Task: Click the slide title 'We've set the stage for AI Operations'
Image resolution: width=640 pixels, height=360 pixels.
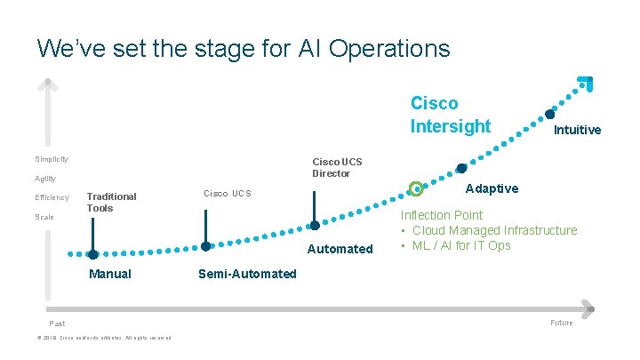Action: pyautogui.click(x=244, y=47)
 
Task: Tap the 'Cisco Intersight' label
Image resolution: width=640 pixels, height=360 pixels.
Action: pyautogui.click(x=450, y=115)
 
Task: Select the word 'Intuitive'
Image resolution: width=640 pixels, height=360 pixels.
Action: pyautogui.click(x=577, y=130)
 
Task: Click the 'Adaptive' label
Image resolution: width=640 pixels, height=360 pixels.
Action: pyautogui.click(x=492, y=188)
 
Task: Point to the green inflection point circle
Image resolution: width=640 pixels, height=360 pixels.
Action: pyautogui.click(x=415, y=188)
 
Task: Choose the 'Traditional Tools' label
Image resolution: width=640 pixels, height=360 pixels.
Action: pyautogui.click(x=111, y=202)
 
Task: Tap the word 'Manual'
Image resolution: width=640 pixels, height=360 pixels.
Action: pyautogui.click(x=110, y=274)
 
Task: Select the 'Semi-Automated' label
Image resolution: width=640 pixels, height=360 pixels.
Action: pyautogui.click(x=247, y=274)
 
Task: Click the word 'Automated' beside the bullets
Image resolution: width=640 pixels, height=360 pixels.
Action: pyautogui.click(x=340, y=249)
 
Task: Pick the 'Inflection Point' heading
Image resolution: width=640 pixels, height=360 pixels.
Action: pyautogui.click(x=442, y=215)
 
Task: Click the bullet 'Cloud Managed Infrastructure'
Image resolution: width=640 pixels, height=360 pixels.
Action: pyautogui.click(x=494, y=230)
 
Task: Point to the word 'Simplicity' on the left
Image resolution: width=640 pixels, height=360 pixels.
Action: pyautogui.click(x=52, y=159)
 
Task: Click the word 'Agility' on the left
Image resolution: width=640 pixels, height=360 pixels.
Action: pyautogui.click(x=45, y=179)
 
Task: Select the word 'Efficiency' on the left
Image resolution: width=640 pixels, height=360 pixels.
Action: pyautogui.click(x=52, y=197)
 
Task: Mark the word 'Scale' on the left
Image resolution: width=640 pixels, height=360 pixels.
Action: pyautogui.click(x=44, y=217)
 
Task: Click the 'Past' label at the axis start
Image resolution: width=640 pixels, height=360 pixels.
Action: pyautogui.click(x=56, y=324)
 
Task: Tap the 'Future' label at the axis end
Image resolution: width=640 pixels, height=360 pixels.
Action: pyautogui.click(x=561, y=323)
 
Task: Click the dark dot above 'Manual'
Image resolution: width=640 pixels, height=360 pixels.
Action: pyautogui.click(x=92, y=254)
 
